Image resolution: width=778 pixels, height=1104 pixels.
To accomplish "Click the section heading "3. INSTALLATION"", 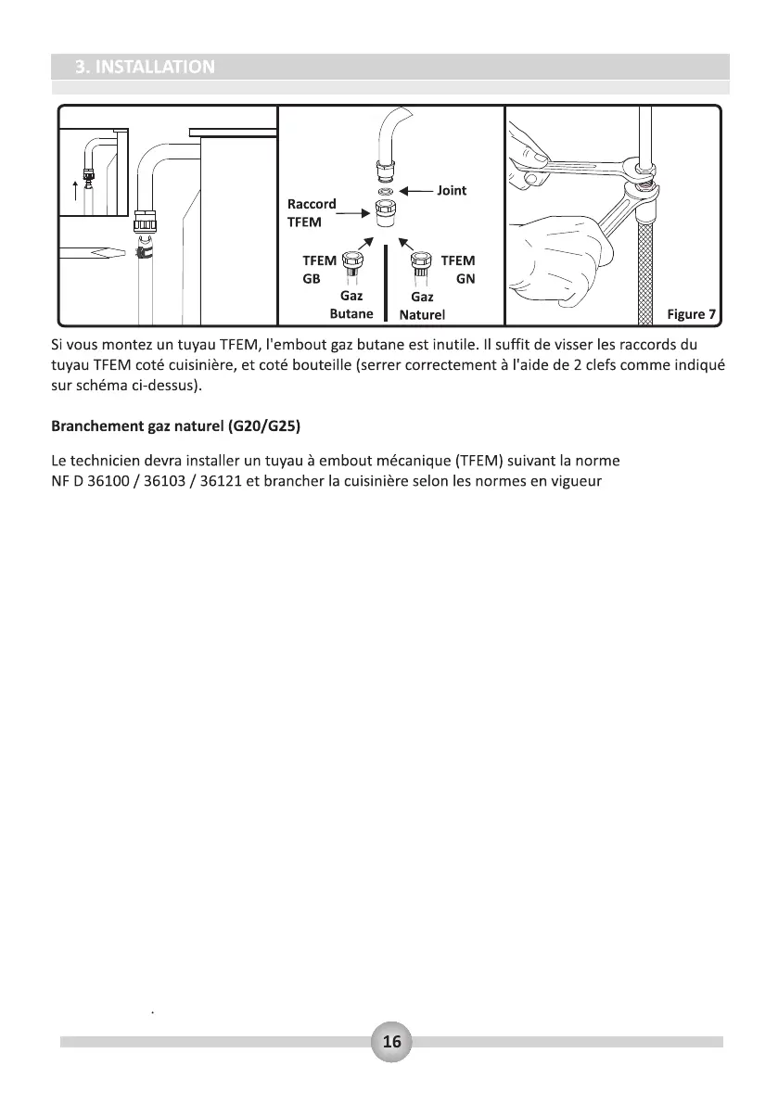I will point(145,67).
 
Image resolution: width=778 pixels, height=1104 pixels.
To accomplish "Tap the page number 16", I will point(391,1042).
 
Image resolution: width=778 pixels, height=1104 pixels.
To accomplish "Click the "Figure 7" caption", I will point(691,314).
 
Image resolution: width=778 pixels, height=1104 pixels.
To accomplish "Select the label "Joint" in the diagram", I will point(452,190).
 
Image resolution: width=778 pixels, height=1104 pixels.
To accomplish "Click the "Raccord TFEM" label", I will point(311,212).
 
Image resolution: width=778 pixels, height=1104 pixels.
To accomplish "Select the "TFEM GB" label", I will point(319,270).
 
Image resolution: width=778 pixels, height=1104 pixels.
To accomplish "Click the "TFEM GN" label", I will point(458,270).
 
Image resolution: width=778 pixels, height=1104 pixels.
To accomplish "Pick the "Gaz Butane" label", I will point(351,305).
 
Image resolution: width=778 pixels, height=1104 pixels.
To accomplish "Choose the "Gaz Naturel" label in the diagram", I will point(422,306).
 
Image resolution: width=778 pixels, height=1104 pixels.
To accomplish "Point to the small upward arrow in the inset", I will point(76,191).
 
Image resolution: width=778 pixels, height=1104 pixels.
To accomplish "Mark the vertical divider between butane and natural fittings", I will point(385,278).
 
